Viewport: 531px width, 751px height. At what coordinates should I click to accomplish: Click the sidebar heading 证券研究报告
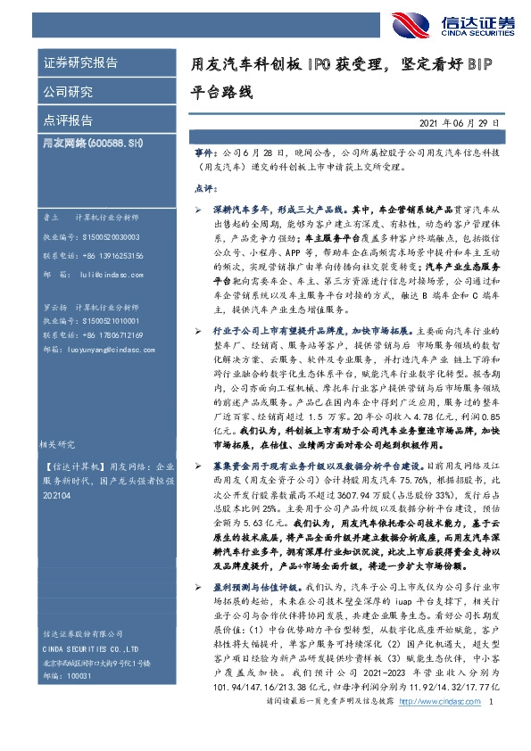pos(80,63)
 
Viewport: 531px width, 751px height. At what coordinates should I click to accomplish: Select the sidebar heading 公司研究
pos(68,91)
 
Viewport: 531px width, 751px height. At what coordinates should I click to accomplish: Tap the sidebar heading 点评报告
pos(68,120)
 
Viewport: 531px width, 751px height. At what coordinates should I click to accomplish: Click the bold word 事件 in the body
pos(203,153)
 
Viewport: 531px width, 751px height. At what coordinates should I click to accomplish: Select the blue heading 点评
pos(204,189)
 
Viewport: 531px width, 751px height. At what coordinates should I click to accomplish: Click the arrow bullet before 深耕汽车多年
pos(198,207)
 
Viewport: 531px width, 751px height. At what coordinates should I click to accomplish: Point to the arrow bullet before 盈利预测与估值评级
pos(198,615)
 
